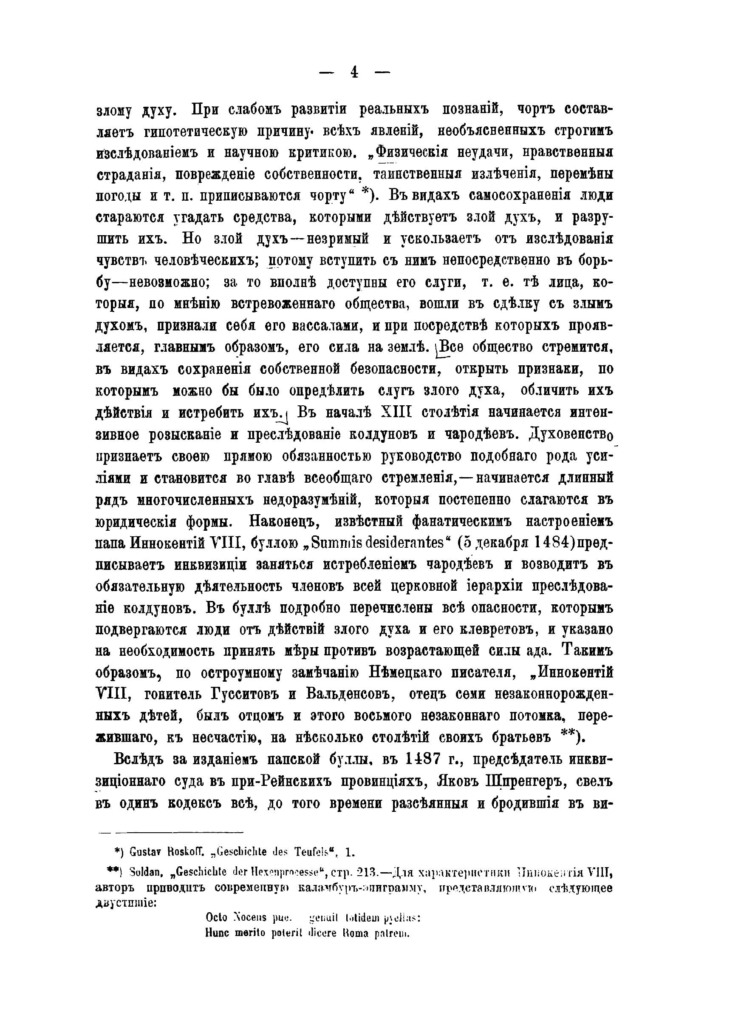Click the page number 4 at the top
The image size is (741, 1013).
(x=354, y=72)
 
